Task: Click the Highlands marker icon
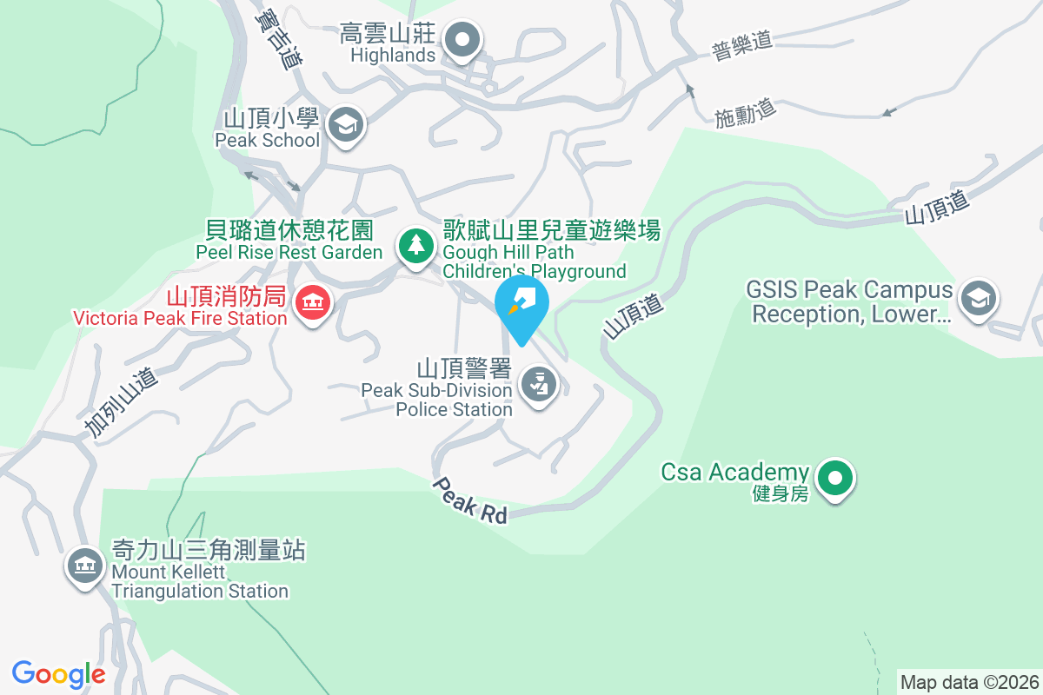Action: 462,40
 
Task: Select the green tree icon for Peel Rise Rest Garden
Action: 417,245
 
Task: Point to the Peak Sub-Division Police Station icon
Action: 539,384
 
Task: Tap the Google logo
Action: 58,673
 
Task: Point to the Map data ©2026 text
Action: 969,682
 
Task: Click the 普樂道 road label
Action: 741,44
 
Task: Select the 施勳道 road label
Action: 745,112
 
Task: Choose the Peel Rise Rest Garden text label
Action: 289,241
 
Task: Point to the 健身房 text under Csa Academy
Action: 781,494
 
